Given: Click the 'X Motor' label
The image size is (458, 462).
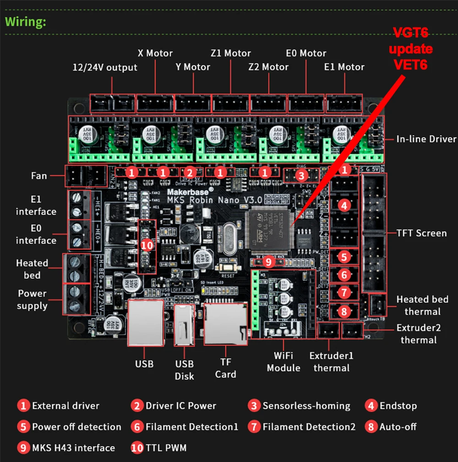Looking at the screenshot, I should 156,53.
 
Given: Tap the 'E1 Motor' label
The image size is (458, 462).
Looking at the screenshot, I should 344,67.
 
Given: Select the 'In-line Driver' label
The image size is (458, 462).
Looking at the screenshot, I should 426,139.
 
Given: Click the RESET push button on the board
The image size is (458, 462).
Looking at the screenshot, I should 227,269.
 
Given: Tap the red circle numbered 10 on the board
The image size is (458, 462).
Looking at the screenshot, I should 147,245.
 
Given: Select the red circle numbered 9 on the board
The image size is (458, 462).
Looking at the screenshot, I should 268,262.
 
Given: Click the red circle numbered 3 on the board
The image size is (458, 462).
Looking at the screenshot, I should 301,175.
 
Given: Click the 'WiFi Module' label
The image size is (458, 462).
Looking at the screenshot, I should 284,362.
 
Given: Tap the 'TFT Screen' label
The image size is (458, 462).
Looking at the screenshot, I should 422,233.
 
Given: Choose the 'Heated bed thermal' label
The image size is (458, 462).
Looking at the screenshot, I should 422,306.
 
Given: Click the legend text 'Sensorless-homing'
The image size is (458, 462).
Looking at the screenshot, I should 306,406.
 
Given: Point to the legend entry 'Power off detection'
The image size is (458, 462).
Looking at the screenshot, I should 76,427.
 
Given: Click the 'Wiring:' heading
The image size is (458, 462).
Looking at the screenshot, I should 26,22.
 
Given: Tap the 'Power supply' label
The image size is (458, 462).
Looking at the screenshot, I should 32,299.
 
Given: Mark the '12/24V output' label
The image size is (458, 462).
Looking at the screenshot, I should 105,67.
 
